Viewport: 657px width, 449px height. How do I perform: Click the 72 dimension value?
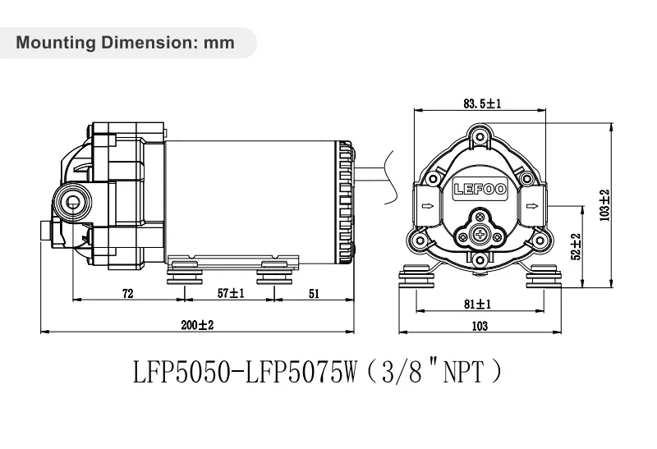tap(128, 293)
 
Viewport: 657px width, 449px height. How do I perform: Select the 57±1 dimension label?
tap(231, 293)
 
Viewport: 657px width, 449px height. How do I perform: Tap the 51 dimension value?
tap(314, 293)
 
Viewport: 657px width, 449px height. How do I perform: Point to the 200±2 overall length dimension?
tap(197, 325)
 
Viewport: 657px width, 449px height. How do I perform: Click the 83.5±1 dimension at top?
tap(482, 103)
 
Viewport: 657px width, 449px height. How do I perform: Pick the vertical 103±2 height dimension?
tap(605, 205)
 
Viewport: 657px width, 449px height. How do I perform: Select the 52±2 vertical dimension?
tap(576, 247)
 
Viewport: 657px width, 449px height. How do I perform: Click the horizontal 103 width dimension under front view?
tap(480, 326)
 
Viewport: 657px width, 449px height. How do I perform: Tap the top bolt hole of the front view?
tap(480, 136)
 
